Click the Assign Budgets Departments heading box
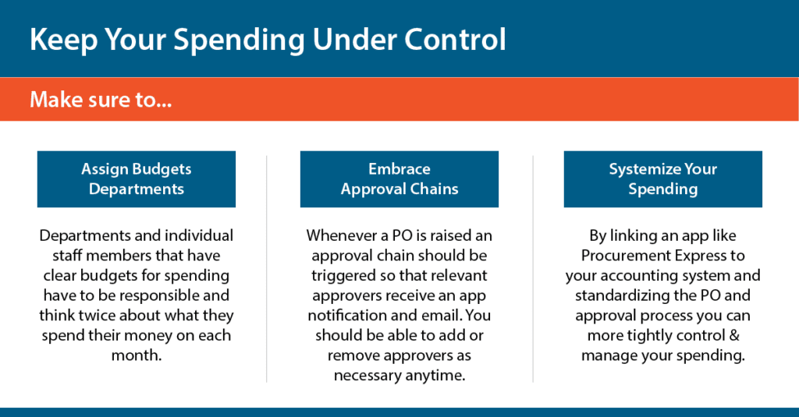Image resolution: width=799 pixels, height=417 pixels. pos(137,179)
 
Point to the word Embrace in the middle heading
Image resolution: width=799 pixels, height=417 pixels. pos(399,169)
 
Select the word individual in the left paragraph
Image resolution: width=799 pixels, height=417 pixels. pos(196,235)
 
